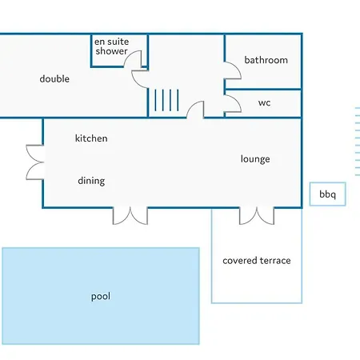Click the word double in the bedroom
54,78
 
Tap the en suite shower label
111,46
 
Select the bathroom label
266,60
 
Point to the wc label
264,103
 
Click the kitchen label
91,138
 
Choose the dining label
91,181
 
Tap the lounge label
255,159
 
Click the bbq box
328,194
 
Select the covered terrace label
257,261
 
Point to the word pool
101,296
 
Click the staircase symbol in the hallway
166,100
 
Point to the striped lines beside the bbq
358,142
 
